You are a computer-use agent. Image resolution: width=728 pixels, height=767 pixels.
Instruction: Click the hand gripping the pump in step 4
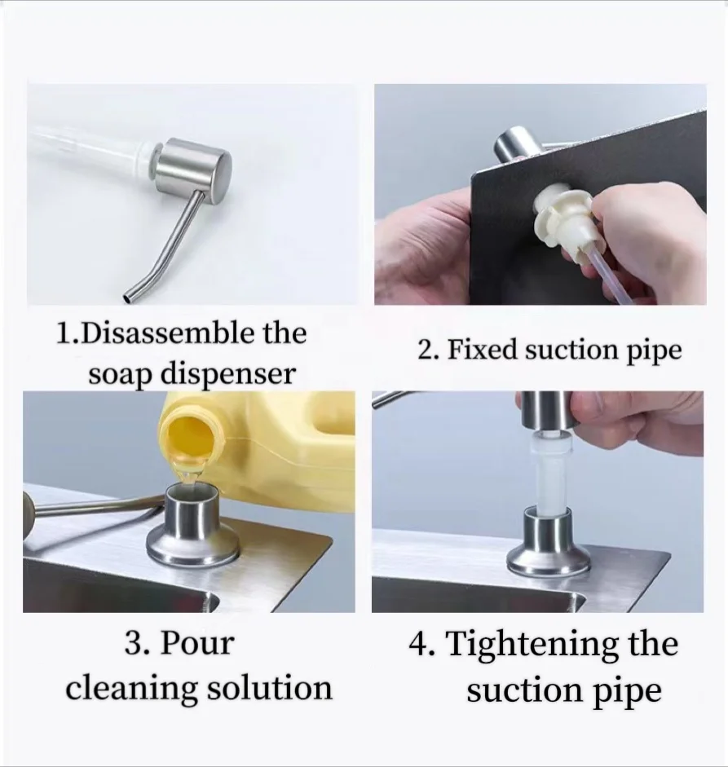636,420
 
